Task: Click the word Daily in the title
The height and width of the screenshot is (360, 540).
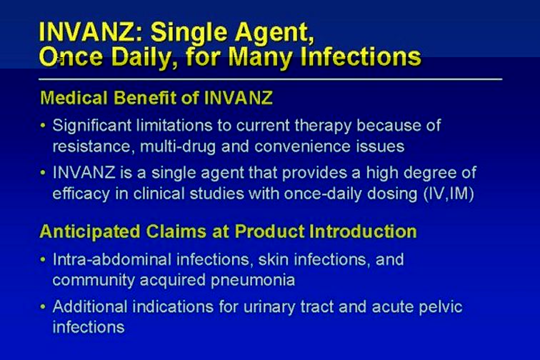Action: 141,56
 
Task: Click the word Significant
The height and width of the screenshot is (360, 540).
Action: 91,126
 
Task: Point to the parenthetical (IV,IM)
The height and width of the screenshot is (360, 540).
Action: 449,194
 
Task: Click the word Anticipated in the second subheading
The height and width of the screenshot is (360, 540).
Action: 90,231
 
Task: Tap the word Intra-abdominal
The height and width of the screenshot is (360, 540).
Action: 112,259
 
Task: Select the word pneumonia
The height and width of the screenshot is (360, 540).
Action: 253,281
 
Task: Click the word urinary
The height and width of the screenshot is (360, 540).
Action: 269,307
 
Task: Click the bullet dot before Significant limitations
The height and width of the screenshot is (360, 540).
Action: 43,126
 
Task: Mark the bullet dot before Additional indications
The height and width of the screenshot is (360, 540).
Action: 43,306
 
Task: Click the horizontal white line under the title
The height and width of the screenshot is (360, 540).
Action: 270,79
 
